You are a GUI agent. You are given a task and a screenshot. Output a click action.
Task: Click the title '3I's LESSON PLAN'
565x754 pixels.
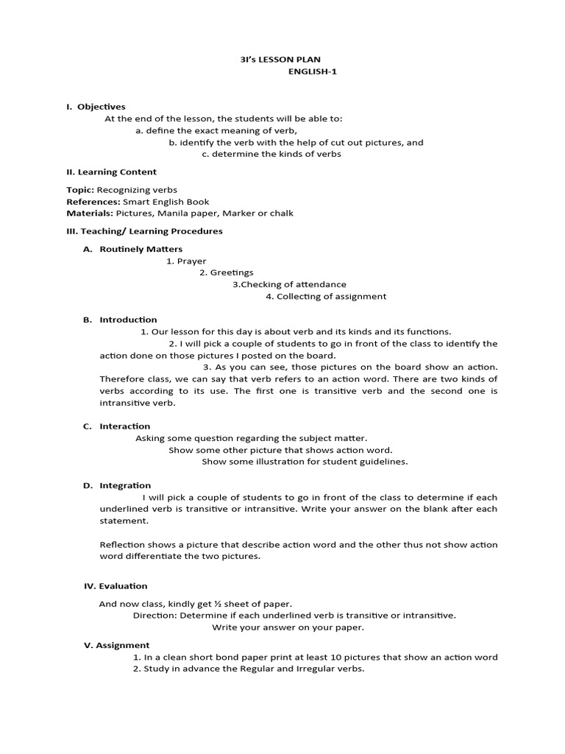coord(282,59)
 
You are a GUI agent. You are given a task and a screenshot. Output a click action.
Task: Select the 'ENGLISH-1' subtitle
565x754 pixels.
coord(312,71)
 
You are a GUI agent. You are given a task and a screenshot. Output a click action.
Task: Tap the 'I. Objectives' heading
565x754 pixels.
coord(96,107)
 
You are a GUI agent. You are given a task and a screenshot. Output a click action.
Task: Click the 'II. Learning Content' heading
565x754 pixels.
coord(111,172)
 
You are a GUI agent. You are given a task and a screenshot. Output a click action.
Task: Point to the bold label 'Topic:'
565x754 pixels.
coord(80,190)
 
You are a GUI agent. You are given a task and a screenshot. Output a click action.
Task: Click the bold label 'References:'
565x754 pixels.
coord(93,202)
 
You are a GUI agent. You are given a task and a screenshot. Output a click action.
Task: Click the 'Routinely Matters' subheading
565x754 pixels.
coord(141,249)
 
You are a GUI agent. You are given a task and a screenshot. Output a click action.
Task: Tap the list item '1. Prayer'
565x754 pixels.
coord(186,261)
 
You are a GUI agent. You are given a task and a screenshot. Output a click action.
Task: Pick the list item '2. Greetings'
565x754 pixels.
coord(226,272)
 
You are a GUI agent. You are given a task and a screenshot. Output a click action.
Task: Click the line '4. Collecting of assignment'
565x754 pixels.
coord(325,296)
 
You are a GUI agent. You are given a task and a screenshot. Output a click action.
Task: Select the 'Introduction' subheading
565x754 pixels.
coord(128,320)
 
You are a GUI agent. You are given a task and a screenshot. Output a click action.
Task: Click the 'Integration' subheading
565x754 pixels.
coord(125,485)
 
